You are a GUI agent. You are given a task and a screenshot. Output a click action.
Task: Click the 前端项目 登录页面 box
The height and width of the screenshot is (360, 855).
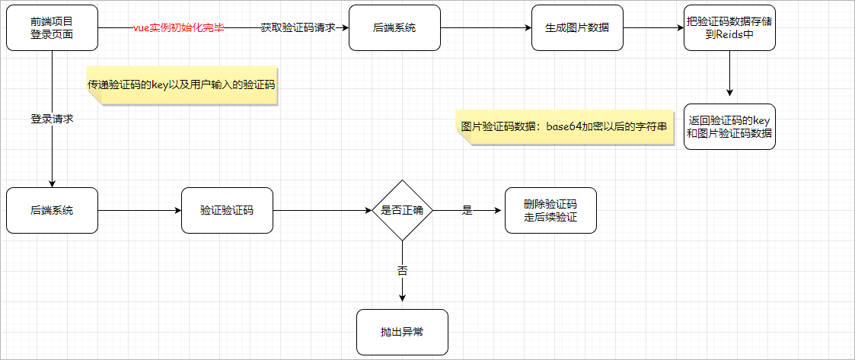(x=52, y=28)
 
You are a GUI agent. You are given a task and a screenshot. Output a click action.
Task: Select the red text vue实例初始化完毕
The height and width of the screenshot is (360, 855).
(x=178, y=28)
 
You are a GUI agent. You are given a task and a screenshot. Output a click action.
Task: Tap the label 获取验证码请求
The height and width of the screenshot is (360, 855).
(x=298, y=28)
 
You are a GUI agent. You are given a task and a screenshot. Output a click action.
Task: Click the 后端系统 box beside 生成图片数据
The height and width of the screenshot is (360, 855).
(x=394, y=28)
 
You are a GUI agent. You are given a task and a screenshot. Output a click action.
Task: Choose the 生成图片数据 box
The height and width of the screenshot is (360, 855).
(x=577, y=28)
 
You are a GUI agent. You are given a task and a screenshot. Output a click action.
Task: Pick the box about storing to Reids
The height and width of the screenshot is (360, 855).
(x=729, y=28)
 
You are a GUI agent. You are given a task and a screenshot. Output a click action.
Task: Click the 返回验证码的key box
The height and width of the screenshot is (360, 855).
(x=729, y=126)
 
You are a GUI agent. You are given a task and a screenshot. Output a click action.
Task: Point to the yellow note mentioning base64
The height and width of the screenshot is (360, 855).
(x=565, y=126)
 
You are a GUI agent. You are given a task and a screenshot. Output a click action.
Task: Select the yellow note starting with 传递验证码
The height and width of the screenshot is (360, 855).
(x=181, y=85)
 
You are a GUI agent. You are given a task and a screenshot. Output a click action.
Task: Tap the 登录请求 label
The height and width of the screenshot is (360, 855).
(x=52, y=119)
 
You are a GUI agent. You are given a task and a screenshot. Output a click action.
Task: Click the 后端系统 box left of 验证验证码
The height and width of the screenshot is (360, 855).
(x=52, y=210)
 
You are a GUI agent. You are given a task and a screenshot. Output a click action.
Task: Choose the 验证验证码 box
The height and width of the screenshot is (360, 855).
(x=227, y=210)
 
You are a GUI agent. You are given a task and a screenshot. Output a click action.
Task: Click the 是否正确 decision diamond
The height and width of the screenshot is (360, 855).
(x=402, y=210)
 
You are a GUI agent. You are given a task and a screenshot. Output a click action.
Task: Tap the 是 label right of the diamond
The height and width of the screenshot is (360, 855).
(x=467, y=210)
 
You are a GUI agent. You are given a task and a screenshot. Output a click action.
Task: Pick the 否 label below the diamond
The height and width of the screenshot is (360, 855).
(x=402, y=270)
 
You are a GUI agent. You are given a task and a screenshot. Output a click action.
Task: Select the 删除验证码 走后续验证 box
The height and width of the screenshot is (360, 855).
(x=550, y=210)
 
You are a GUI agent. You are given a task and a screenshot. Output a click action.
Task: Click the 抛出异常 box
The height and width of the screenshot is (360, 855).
(x=402, y=332)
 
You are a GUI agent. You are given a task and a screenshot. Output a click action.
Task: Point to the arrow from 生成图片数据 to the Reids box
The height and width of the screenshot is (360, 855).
(x=653, y=28)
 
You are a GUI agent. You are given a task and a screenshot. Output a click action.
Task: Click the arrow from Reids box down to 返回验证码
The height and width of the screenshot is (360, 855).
(x=729, y=75)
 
